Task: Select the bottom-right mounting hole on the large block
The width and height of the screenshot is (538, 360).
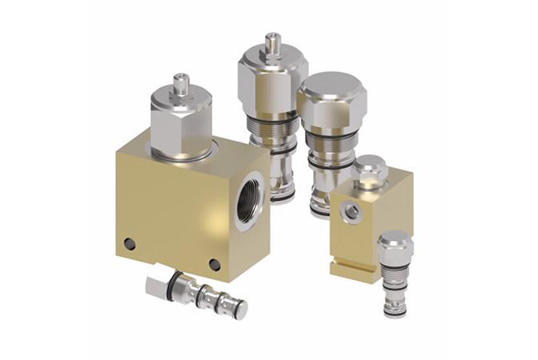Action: [x=215, y=265]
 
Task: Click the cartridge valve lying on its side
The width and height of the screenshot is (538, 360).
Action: [x=196, y=291]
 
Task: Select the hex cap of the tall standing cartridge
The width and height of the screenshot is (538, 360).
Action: [x=272, y=80]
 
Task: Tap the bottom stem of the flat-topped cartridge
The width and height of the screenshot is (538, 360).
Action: [x=319, y=204]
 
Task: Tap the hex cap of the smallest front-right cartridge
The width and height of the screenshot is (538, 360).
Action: [x=395, y=246]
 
